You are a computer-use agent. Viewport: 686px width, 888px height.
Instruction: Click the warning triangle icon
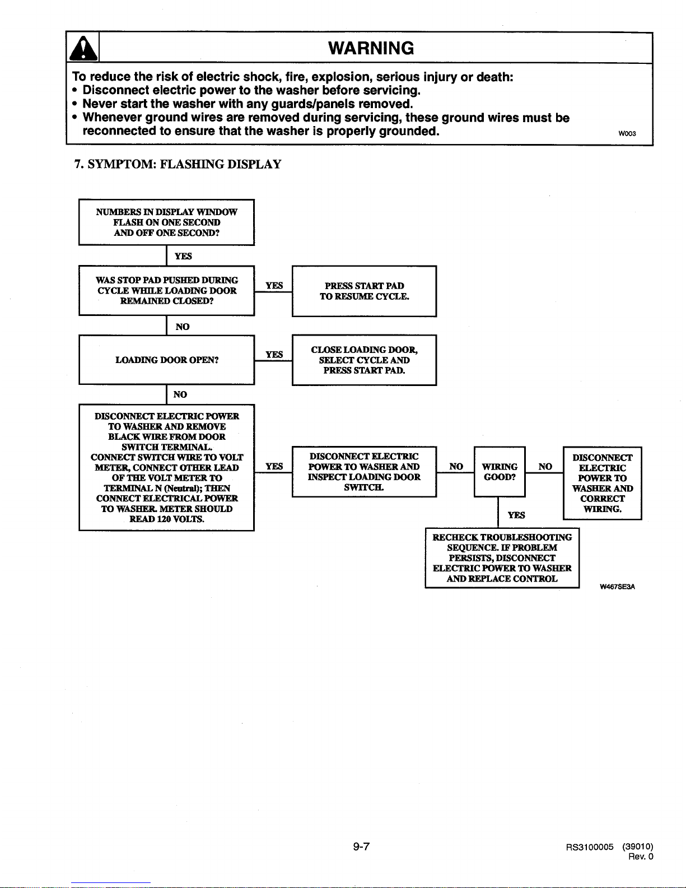point(83,48)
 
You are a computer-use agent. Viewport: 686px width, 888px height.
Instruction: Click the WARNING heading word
point(371,48)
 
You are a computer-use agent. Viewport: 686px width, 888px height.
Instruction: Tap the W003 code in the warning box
point(627,134)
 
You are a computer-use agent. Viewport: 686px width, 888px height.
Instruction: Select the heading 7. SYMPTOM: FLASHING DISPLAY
point(178,164)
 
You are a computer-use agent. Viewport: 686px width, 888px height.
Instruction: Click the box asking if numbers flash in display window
point(167,222)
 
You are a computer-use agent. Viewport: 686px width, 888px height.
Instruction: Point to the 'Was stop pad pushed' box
point(167,291)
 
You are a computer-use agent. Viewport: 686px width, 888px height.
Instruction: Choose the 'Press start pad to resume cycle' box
point(364,291)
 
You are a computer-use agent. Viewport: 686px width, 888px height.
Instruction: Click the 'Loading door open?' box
point(167,360)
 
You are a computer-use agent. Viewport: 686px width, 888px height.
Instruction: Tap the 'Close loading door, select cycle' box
point(364,360)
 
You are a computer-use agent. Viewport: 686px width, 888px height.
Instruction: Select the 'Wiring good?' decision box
point(500,472)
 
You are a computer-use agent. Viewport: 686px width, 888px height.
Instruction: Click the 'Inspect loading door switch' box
point(364,472)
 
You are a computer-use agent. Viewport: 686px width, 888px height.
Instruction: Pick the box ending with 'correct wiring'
point(603,483)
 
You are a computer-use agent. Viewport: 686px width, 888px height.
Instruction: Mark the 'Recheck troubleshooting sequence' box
point(502,558)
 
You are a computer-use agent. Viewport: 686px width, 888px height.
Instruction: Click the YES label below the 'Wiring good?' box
point(516,515)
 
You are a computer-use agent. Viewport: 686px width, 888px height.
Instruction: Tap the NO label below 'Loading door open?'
point(180,394)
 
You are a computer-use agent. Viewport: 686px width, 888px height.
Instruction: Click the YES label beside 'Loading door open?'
point(274,354)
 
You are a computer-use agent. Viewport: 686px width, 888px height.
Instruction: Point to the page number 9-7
point(361,847)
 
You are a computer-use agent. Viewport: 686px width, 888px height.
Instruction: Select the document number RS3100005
point(589,847)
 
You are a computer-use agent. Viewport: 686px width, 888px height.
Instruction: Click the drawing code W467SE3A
point(617,587)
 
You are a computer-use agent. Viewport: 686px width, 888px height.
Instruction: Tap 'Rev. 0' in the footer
point(641,857)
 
